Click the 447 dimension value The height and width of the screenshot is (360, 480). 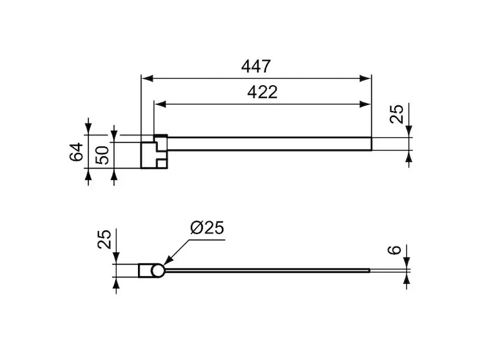pos(256,67)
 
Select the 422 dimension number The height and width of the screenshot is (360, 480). pos(262,92)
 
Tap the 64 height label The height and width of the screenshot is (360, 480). pos(76,152)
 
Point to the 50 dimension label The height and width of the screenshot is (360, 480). pos(102,155)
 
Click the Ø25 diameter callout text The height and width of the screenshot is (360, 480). pos(207,228)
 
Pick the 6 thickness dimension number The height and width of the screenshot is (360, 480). pos(394,250)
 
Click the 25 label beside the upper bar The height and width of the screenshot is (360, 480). pos(397,114)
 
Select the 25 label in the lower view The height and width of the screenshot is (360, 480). pos(104,239)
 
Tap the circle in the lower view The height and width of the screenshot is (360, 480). pos(158,271)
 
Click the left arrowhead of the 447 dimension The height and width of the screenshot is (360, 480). pos(146,79)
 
